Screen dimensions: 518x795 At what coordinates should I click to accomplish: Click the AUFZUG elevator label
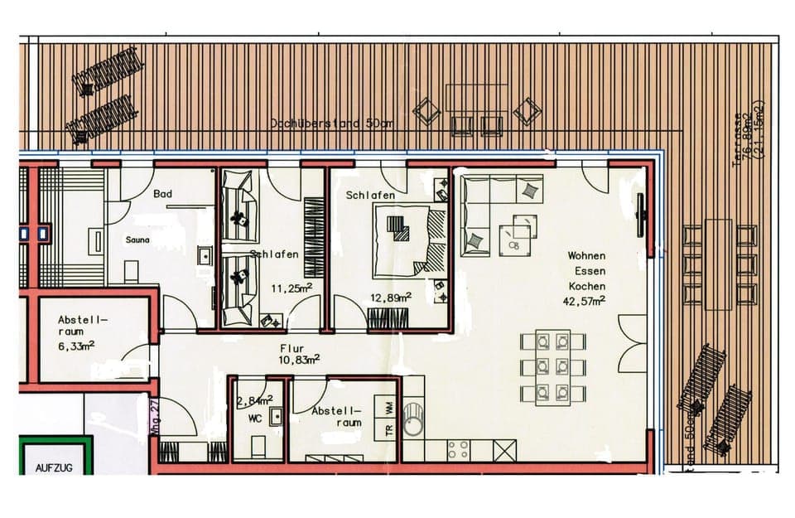54,468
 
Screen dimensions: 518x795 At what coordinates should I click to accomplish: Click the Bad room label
162,194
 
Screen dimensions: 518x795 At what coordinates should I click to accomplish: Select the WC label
255,419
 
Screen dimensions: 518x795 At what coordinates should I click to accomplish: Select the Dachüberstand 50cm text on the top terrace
330,123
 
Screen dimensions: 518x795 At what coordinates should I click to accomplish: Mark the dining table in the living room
552,366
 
